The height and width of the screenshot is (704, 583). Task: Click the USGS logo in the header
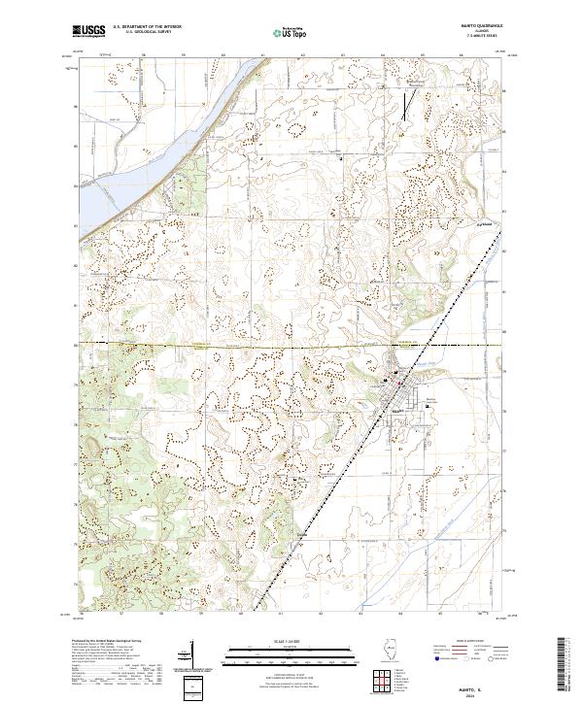(88, 33)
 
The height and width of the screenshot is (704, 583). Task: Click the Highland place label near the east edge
(478, 223)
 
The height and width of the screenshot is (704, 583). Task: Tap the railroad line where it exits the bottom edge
(255, 610)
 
